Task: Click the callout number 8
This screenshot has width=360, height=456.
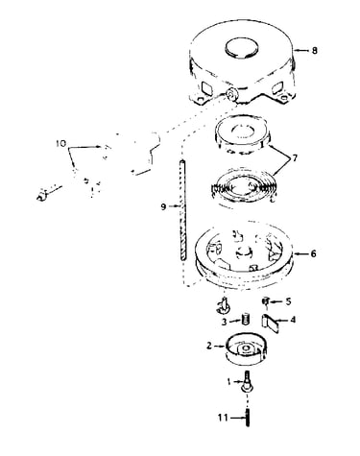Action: (x=315, y=51)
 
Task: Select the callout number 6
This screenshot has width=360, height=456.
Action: (x=313, y=253)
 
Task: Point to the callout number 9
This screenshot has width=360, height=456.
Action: (x=163, y=207)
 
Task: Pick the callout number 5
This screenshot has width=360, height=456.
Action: (x=288, y=301)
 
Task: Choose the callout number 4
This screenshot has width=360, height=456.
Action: (x=292, y=319)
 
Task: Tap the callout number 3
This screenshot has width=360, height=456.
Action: (x=225, y=322)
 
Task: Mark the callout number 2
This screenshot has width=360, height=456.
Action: (x=209, y=346)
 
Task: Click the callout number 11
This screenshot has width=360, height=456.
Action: (x=223, y=418)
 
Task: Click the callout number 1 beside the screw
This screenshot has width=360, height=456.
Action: (x=228, y=382)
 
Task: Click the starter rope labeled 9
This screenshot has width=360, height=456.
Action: (x=182, y=210)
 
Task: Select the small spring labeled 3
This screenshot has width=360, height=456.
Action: (x=246, y=320)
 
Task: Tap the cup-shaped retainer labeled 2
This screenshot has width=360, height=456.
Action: (x=246, y=350)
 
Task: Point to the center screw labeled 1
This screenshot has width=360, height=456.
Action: (x=247, y=381)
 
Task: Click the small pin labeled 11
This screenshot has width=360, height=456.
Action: (x=248, y=418)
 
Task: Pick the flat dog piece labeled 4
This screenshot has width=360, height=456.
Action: (x=271, y=324)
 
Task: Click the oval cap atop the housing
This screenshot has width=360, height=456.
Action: (x=241, y=49)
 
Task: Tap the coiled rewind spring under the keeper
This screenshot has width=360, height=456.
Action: (x=243, y=188)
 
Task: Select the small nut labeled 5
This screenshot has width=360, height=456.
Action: (x=266, y=301)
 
